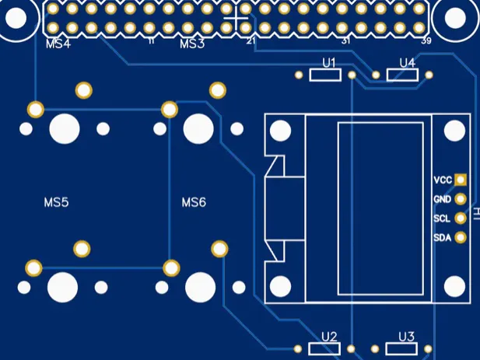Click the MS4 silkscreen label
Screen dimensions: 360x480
58,44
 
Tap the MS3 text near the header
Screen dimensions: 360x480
192,44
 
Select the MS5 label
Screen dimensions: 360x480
56,202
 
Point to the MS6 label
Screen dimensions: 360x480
194,202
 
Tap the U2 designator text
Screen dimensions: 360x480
329,337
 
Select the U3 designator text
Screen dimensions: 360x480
406,337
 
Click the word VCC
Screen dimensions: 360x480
442,180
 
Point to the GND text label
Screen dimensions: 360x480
442,200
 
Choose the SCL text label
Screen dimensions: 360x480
442,218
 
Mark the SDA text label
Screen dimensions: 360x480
442,237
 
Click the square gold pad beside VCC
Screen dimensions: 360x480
461,180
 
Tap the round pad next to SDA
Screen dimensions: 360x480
460,237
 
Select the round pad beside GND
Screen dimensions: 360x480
461,200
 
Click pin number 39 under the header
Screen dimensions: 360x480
426,40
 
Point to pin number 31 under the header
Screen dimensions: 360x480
345,40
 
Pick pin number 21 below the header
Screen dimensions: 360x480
250,40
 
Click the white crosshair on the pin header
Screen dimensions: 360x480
236,19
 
